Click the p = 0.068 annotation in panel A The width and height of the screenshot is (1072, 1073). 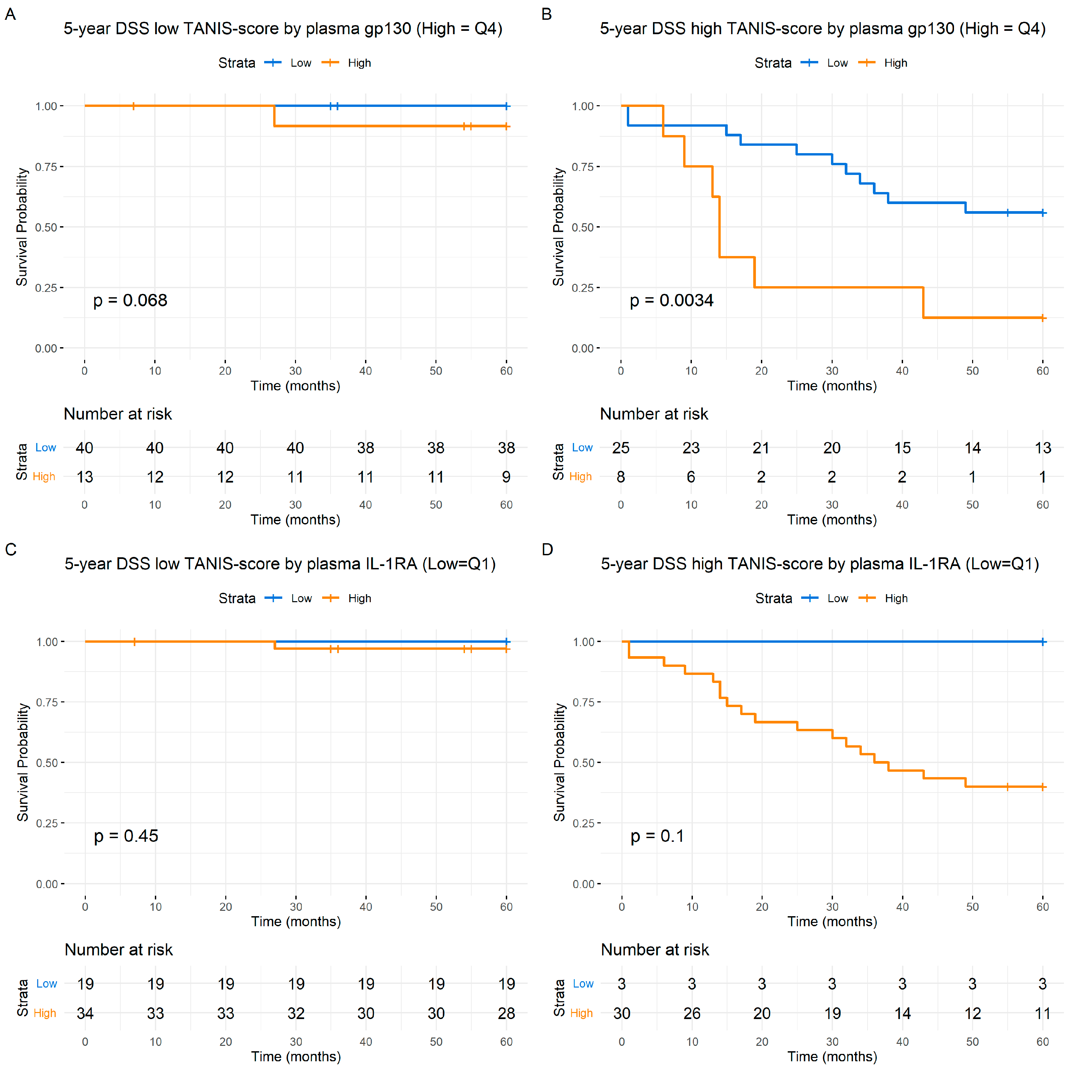click(130, 301)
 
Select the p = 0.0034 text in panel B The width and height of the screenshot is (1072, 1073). click(671, 301)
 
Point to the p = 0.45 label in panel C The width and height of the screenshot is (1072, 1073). click(126, 836)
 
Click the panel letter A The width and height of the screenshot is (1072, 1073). click(10, 14)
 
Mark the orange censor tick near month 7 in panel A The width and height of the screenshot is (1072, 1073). click(133, 106)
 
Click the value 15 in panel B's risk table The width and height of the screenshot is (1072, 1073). click(902, 448)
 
